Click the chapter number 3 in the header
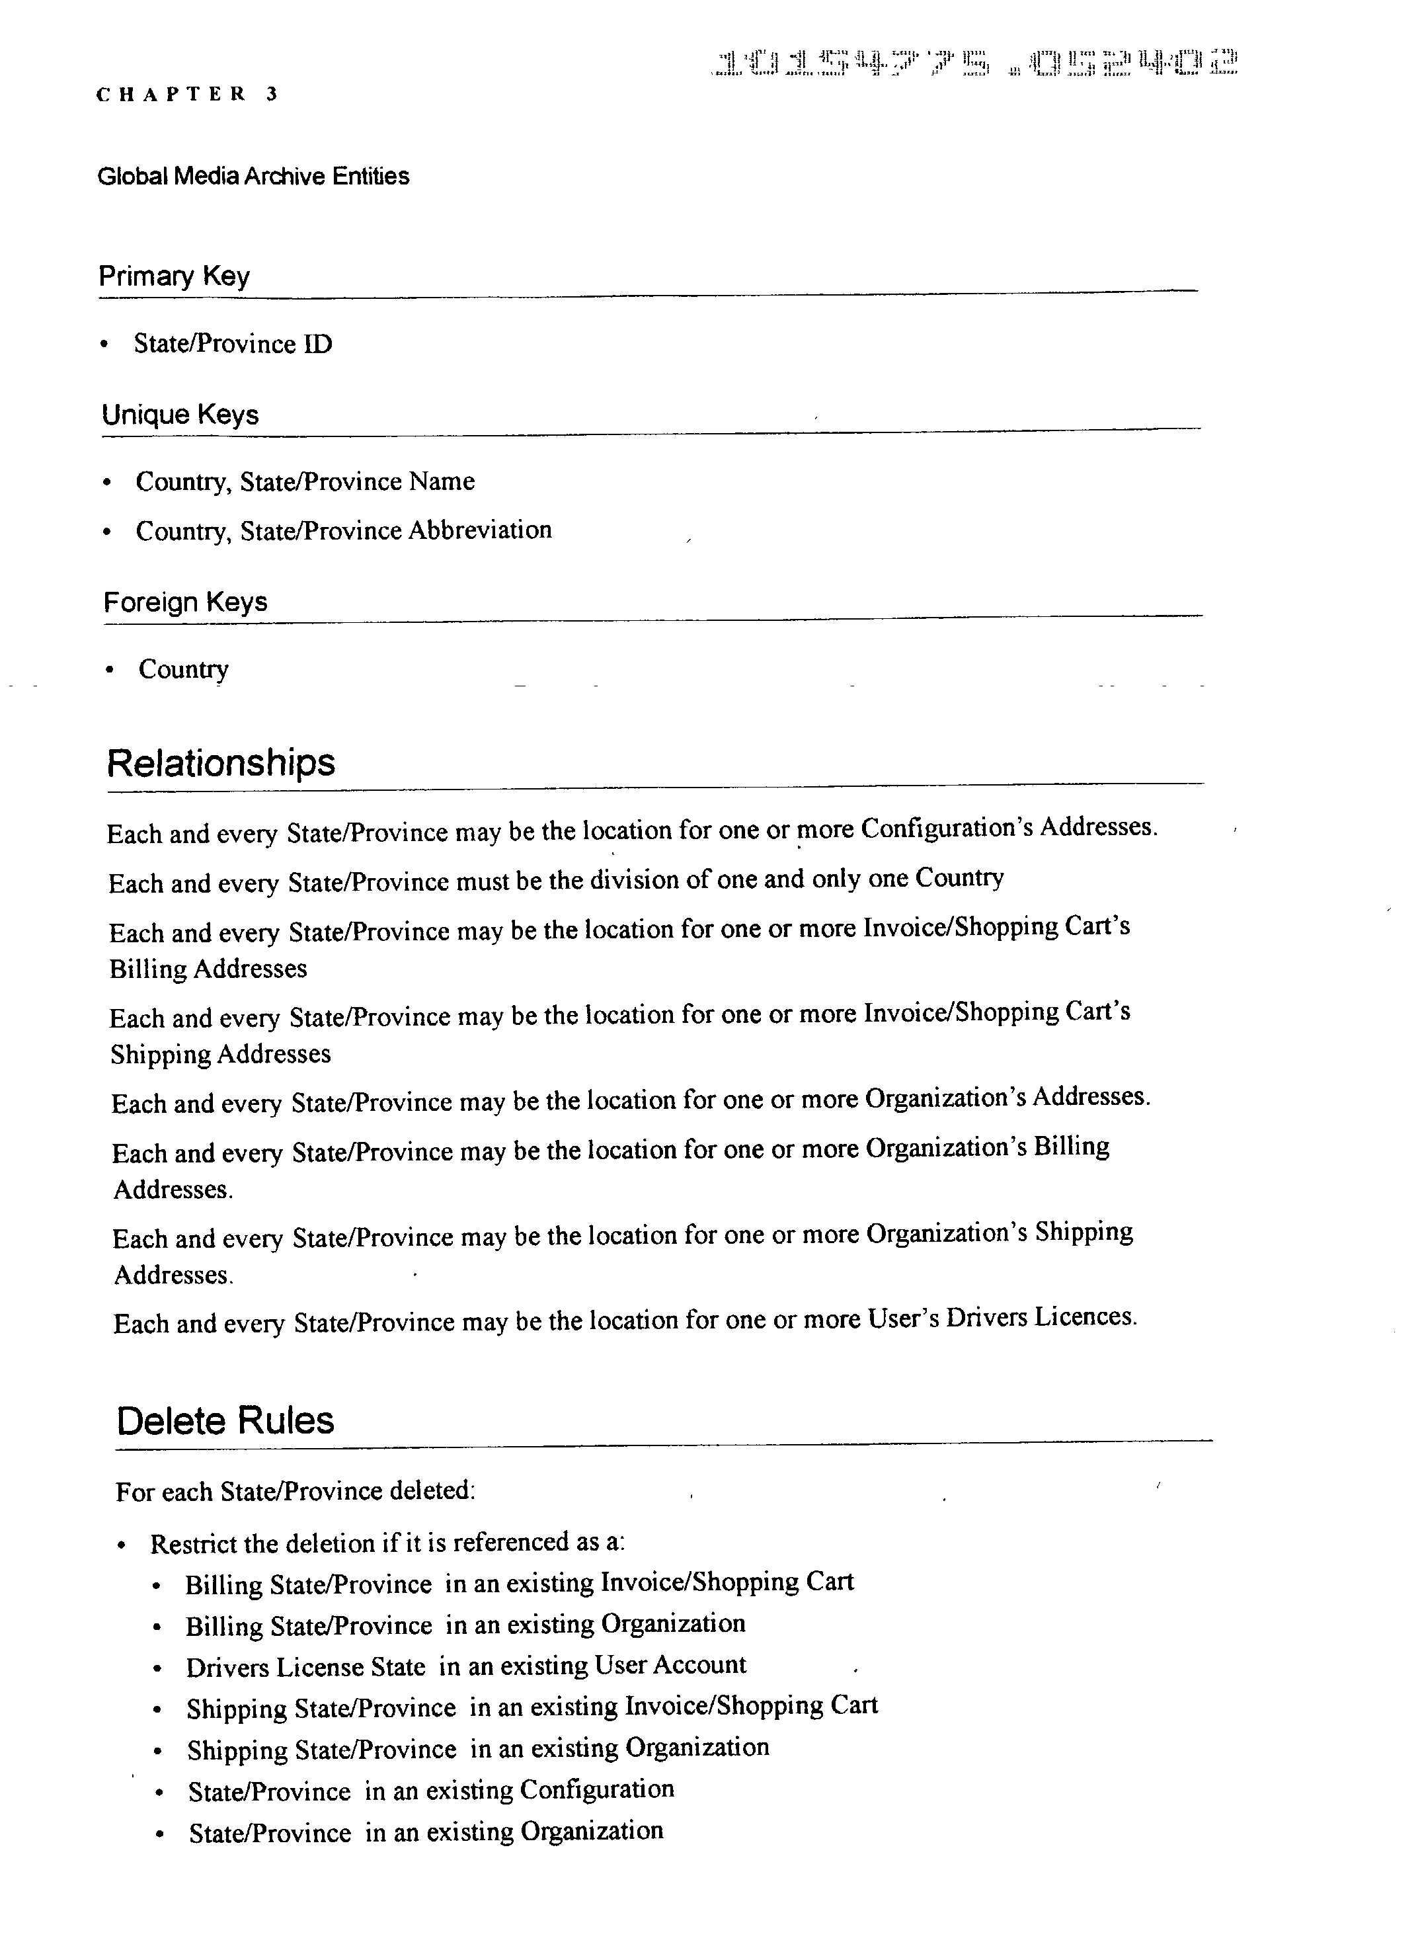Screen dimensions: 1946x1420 click(x=272, y=95)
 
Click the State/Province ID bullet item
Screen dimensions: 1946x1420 click(x=232, y=344)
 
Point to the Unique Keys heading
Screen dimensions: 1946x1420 click(x=180, y=415)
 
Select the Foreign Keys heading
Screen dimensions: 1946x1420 click(x=185, y=602)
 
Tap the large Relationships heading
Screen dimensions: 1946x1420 click(x=221, y=762)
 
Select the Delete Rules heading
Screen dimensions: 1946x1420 click(x=225, y=1421)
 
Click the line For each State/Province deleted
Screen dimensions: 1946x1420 click(x=295, y=1491)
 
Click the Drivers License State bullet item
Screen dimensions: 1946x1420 click(x=305, y=1668)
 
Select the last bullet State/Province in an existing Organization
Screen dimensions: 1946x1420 click(x=426, y=1832)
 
